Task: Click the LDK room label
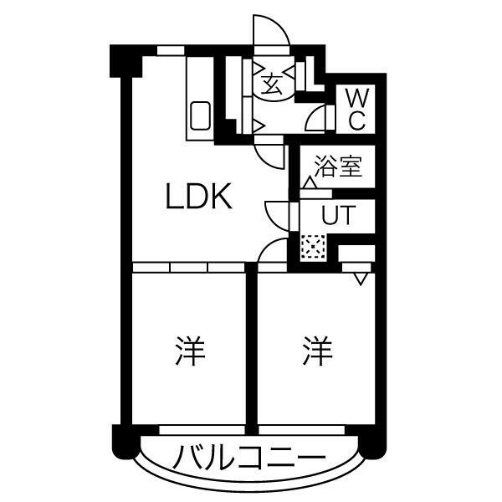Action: point(198,196)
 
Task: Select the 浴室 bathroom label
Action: point(338,166)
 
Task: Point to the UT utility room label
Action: point(338,214)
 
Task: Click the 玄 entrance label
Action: point(272,85)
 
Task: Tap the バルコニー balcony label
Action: point(249,457)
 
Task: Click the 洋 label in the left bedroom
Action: point(190,351)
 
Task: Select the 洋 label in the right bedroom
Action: point(317,351)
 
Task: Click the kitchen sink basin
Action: point(201,115)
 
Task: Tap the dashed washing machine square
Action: point(313,247)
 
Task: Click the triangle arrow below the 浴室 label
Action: point(310,182)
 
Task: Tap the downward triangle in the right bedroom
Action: point(361,279)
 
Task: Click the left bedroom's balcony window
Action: point(202,430)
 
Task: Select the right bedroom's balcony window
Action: point(301,430)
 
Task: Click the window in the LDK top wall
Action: point(171,50)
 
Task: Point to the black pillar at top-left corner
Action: point(125,61)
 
